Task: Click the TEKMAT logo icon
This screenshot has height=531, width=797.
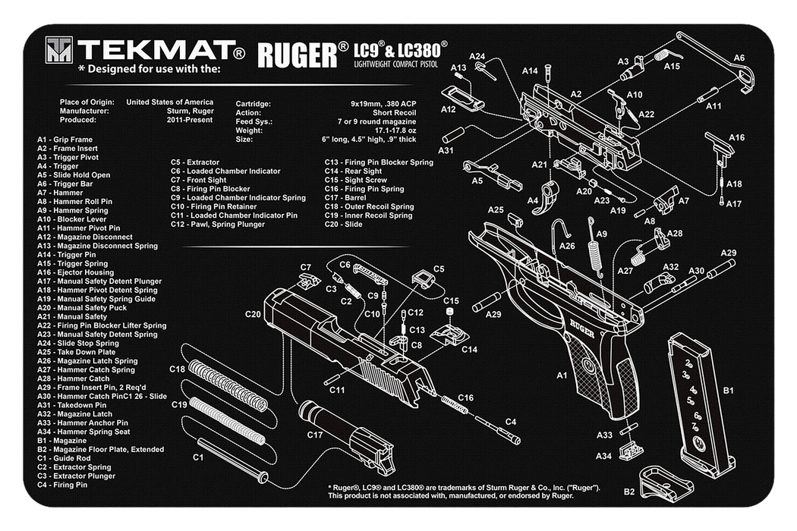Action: (x=59, y=52)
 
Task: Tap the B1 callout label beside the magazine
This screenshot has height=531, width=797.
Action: (x=727, y=391)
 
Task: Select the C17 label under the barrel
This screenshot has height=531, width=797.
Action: (x=315, y=435)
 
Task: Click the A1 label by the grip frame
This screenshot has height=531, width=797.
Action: (x=562, y=375)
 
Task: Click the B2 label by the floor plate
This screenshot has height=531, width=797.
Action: (x=629, y=492)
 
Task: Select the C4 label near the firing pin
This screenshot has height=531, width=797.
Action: (x=511, y=422)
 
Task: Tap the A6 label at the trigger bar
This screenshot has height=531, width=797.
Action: (x=739, y=58)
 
